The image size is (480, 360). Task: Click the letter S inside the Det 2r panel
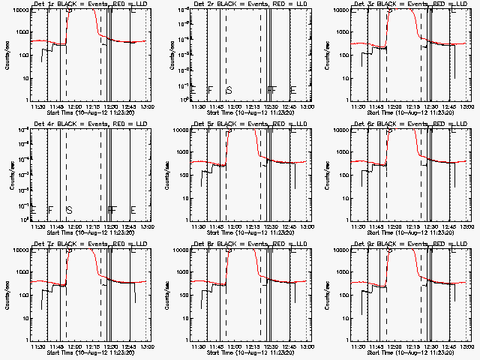[x=229, y=91]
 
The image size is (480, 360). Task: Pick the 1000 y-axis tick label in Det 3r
[x=339, y=33]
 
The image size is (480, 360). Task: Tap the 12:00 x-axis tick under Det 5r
[x=234, y=226]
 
